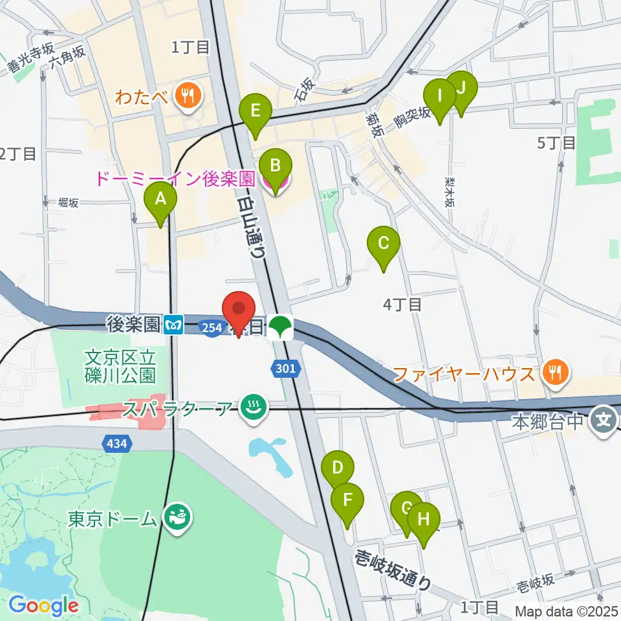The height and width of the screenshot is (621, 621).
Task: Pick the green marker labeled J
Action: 461,91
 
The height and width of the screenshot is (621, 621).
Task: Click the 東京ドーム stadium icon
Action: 176,518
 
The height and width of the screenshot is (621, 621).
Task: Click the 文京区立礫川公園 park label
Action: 120,365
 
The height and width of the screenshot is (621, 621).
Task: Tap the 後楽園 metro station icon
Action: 173,324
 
